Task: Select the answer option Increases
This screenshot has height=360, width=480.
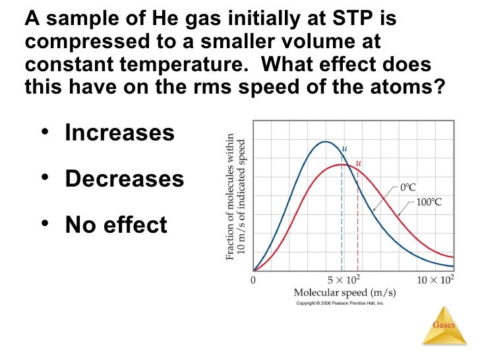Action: click(x=119, y=133)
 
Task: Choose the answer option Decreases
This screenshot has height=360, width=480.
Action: click(x=124, y=179)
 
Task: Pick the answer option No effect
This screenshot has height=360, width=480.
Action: click(x=116, y=225)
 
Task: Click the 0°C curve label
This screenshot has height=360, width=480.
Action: click(x=408, y=187)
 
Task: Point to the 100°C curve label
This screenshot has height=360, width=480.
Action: click(x=429, y=202)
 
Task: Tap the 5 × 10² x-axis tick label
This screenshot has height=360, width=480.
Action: click(x=344, y=280)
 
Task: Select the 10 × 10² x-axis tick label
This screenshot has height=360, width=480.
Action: click(x=436, y=280)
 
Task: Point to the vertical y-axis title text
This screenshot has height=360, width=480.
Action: click(x=235, y=198)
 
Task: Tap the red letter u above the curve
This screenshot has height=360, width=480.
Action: click(x=358, y=163)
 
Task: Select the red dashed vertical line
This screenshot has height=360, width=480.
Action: click(x=358, y=224)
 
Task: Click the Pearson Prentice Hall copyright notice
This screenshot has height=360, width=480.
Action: click(x=340, y=303)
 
